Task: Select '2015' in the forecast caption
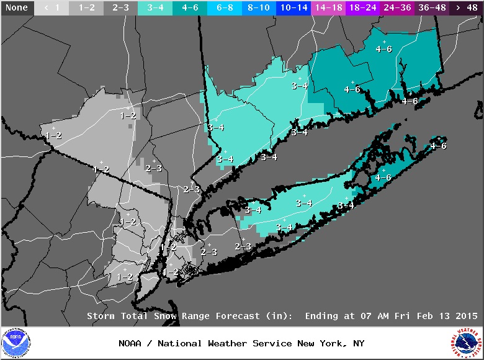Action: click(x=465, y=316)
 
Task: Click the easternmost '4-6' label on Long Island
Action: click(x=438, y=146)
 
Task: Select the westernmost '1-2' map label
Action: click(x=53, y=135)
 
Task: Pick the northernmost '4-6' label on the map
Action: click(x=384, y=49)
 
